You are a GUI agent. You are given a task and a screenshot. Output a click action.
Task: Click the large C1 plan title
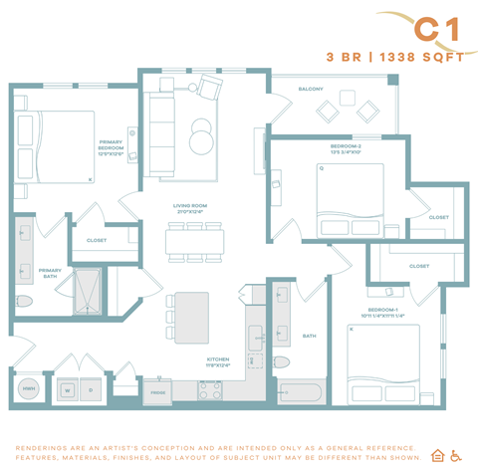click(438, 29)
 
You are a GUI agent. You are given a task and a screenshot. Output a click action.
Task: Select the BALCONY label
click(310, 89)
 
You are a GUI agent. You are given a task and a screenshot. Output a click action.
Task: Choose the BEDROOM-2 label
click(347, 149)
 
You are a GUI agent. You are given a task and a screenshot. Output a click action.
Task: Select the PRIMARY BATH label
click(50, 274)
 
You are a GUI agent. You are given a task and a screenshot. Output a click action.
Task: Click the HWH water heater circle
click(30, 389)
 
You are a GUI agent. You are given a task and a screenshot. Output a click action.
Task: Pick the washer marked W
click(68, 390)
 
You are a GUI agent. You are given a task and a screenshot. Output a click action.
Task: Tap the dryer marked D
click(93, 390)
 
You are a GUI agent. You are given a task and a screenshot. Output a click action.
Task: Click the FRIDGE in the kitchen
click(158, 392)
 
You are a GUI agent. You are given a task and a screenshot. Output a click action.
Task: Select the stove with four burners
click(210, 390)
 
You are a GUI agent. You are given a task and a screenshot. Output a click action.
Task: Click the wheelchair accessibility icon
click(456, 456)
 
